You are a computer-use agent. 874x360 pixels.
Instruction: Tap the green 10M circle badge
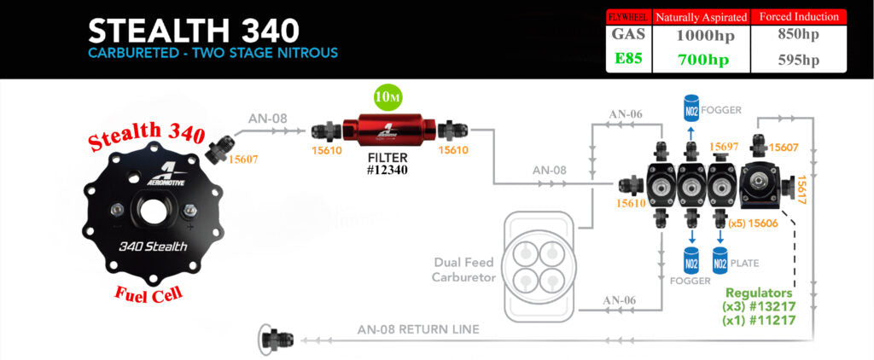point(388,97)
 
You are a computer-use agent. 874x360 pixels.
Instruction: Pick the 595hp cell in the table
point(798,60)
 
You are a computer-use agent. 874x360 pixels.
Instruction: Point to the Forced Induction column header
point(798,16)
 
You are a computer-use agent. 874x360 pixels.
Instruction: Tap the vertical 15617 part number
point(801,192)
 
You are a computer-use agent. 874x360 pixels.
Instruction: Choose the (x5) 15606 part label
point(755,223)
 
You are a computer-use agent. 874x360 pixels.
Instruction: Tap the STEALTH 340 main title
point(194,31)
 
